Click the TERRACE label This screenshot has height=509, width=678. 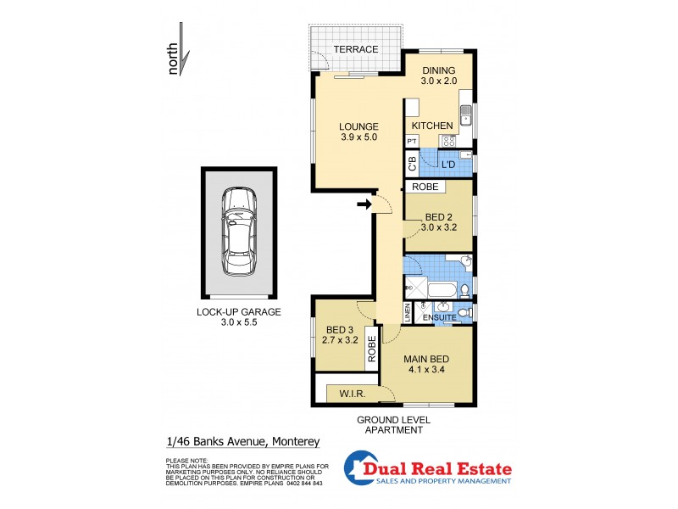tap(355, 49)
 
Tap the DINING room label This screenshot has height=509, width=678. tap(438, 70)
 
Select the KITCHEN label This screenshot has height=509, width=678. tap(432, 126)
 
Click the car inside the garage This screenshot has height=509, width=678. tap(239, 232)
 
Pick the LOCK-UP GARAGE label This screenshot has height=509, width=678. tap(239, 311)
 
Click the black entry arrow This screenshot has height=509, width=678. tap(364, 204)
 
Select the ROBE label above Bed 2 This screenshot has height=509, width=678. tap(425, 187)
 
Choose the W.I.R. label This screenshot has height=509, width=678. tap(353, 393)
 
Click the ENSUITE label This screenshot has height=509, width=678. tap(439, 317)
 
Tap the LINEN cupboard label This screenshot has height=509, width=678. tap(408, 314)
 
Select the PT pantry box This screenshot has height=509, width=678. tap(412, 141)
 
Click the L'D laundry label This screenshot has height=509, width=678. tap(447, 163)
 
